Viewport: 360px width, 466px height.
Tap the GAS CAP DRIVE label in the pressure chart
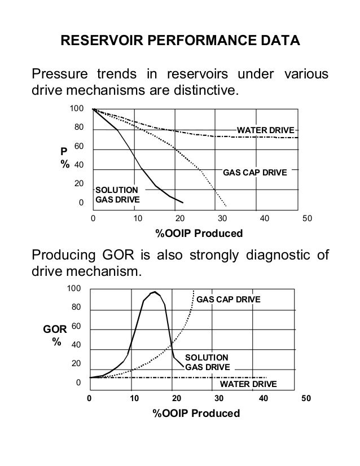coord(255,172)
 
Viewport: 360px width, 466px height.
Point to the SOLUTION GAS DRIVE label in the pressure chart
coord(116,195)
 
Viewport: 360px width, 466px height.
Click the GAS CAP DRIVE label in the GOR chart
coord(229,299)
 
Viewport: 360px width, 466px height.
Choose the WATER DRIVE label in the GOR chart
coord(248,384)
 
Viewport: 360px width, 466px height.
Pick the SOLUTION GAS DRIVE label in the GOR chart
coord(208,362)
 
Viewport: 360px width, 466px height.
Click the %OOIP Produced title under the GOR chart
coord(196,414)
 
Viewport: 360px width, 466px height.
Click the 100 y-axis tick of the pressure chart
coord(76,108)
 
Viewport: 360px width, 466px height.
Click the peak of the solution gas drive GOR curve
coord(154,292)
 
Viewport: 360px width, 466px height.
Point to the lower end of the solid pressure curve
coord(182,203)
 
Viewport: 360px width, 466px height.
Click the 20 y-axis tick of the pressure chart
coord(78,184)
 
